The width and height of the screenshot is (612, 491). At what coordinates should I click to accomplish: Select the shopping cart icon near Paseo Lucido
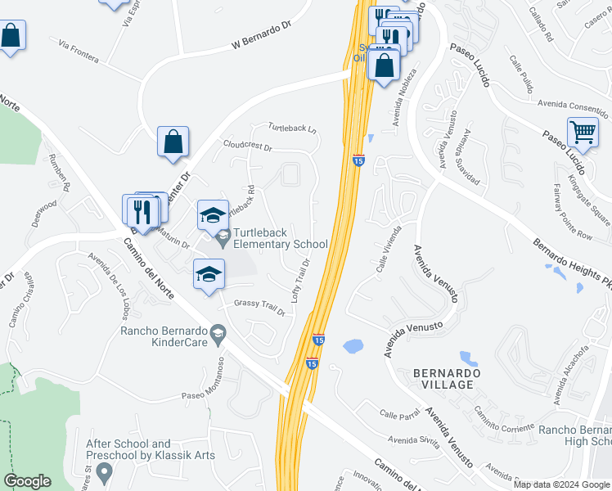click(583, 132)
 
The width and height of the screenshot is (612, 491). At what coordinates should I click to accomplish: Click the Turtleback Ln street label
click(293, 128)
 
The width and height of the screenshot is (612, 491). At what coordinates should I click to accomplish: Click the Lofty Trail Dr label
click(299, 279)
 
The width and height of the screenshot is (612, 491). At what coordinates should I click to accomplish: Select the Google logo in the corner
click(27, 481)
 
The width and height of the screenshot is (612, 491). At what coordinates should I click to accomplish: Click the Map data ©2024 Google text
click(561, 484)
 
